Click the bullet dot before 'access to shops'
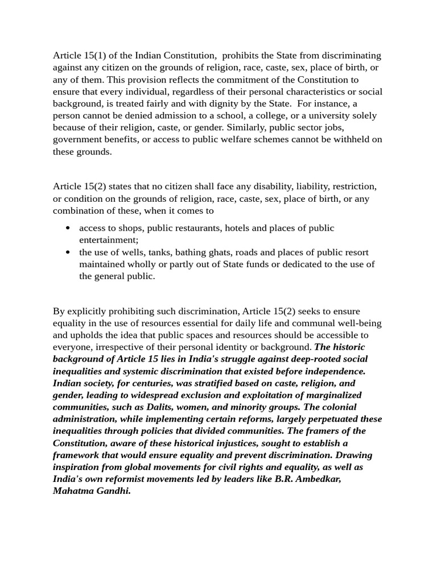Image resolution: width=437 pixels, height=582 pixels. click(x=68, y=228)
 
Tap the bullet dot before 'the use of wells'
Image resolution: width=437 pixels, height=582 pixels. click(x=68, y=252)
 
